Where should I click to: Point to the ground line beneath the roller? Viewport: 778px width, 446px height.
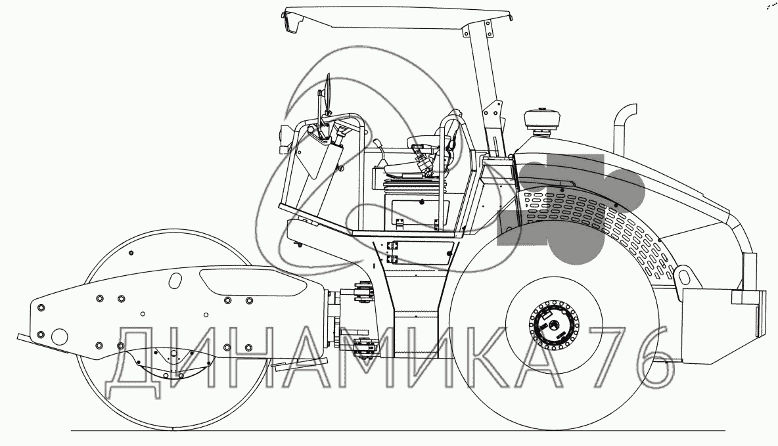[394, 431]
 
